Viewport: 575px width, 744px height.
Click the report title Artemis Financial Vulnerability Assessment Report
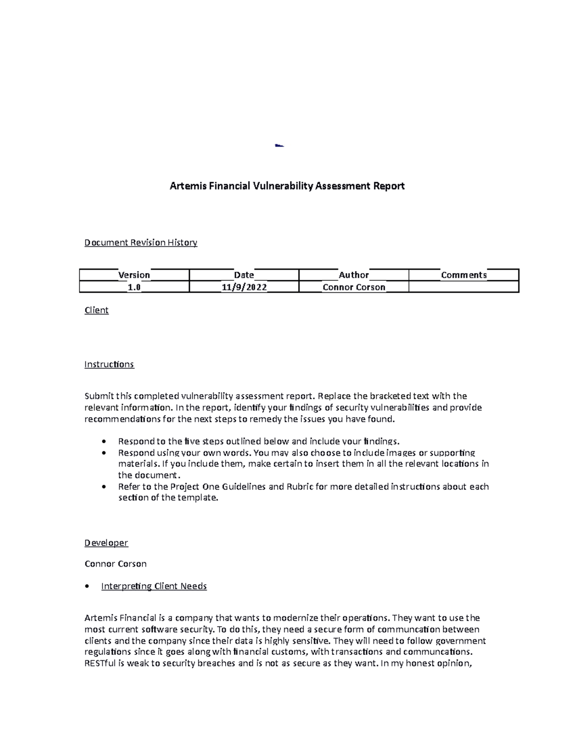click(x=287, y=186)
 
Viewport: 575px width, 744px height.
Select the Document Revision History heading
click(x=140, y=242)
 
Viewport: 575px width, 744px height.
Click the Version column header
click(x=134, y=275)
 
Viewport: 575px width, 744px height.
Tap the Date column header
click(x=243, y=275)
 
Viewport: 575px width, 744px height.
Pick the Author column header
click(x=354, y=275)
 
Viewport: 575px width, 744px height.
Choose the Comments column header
click(x=463, y=275)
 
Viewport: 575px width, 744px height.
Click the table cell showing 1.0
click(x=134, y=287)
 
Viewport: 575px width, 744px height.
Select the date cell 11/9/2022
click(x=243, y=287)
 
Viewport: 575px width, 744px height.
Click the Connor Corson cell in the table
click(x=354, y=287)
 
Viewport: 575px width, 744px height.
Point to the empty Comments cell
click(x=463, y=287)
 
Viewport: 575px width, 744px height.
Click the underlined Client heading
click(x=96, y=310)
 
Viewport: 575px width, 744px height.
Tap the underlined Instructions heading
click(x=109, y=365)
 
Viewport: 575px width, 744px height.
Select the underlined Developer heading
click(x=106, y=543)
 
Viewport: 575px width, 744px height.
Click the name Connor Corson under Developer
click(x=115, y=564)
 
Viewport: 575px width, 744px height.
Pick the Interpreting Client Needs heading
click(x=154, y=586)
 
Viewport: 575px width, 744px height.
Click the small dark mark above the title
click(x=279, y=145)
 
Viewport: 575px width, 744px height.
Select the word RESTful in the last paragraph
click(x=100, y=664)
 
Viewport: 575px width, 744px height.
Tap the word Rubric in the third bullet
click(x=300, y=487)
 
